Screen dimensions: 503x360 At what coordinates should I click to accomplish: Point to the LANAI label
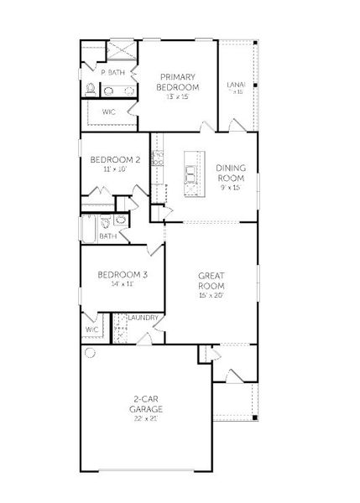tap(236, 84)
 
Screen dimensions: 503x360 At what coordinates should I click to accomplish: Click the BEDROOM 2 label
tap(114, 159)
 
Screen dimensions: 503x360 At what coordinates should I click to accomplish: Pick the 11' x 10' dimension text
tap(114, 169)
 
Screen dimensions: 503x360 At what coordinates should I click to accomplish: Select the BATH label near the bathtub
tap(108, 236)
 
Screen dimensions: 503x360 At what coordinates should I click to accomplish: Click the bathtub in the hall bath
tap(88, 228)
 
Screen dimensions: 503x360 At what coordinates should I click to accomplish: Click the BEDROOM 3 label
tap(122, 275)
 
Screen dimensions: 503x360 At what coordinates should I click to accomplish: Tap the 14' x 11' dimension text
tap(122, 285)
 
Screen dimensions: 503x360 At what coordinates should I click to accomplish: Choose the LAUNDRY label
tap(144, 318)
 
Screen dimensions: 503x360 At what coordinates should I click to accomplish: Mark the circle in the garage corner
tap(90, 354)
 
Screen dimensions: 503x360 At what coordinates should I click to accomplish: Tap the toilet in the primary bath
tap(91, 89)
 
